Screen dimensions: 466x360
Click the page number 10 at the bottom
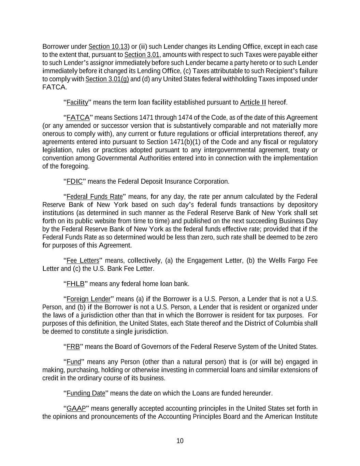point(180,441)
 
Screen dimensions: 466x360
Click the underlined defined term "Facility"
point(77,102)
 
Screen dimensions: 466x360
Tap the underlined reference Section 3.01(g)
point(107,79)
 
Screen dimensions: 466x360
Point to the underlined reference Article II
point(253,102)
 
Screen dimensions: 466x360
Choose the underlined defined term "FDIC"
point(74,181)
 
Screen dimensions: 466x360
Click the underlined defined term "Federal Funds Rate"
point(95,197)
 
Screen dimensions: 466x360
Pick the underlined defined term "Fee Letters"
point(83,261)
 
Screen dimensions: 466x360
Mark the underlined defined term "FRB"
point(73,347)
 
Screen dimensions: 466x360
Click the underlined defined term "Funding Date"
point(86,393)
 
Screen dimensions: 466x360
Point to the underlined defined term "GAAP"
point(76,409)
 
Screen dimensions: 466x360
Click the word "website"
point(111,221)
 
